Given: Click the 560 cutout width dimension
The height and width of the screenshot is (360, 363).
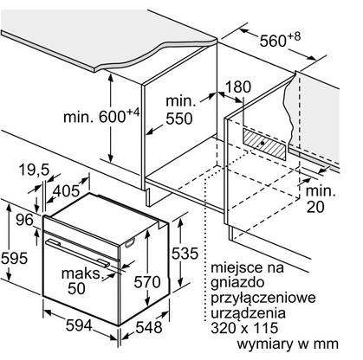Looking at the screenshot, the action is point(280,40).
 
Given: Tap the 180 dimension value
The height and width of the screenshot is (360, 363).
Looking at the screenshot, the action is point(237,87).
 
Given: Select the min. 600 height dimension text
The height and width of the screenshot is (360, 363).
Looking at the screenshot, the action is point(101,116).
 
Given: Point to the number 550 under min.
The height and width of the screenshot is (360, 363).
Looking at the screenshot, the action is point(179,119).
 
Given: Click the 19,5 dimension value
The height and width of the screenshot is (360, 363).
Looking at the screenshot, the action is point(34,170).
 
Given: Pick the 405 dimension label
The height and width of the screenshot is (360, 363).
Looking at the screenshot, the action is point(66,190).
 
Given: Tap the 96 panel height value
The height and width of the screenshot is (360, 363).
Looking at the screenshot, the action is point(24,220).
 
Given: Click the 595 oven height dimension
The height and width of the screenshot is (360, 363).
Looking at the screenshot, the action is point(14,258).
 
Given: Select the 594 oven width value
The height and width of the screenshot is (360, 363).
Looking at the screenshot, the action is point(79,325).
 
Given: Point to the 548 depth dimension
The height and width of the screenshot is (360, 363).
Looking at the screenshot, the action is point(149,327).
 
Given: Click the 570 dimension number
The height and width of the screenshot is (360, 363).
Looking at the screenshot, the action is point(147,282).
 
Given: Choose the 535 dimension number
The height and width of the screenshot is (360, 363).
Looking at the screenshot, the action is point(185,254).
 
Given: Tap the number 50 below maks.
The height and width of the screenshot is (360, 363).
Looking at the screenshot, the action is point(76,288).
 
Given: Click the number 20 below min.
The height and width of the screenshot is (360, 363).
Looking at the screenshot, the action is point(315,207).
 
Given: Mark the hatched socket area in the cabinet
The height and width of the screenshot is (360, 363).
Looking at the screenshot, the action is point(265,144).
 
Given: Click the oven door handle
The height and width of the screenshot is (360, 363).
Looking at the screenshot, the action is point(77,253).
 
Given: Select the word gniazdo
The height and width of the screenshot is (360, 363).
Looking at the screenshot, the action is point(237,283).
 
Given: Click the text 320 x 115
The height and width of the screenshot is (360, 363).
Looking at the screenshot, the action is point(244,328).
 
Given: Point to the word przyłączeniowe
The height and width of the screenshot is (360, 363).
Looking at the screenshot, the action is point(263,298).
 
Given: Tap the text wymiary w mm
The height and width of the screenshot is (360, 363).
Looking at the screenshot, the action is point(288,344).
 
